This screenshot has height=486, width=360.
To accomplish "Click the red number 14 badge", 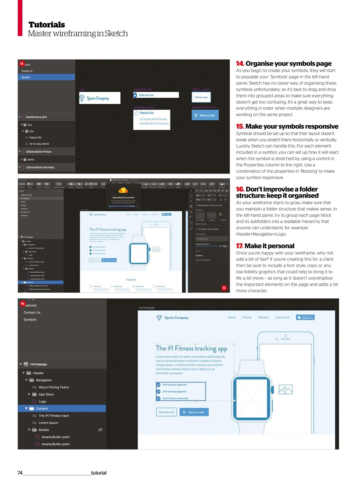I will (22, 64).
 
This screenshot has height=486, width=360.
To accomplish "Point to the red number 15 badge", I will (224, 288).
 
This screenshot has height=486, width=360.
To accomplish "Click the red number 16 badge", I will (22, 304).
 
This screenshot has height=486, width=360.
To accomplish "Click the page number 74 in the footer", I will (20, 473).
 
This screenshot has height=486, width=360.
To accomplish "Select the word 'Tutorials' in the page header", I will (47, 25).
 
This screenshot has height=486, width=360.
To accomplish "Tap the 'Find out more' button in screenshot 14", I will (201, 97).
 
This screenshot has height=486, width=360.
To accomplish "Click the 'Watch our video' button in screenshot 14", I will (205, 115).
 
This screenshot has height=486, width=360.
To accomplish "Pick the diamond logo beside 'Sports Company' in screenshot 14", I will (82, 99).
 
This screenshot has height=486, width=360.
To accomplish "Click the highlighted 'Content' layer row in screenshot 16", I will (62, 409).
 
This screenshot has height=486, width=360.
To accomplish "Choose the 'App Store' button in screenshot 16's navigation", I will (305, 317).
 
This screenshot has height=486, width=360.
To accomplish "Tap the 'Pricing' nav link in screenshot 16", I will (246, 317).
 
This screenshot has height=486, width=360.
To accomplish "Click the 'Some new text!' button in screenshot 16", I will (166, 412).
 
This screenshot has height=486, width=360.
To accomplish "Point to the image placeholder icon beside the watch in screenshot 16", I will (286, 390).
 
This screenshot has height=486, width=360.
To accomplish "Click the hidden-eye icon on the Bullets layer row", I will (101, 430).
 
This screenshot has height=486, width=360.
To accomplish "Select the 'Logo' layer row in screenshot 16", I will (42, 401).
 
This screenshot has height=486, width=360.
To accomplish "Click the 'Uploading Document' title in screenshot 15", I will (123, 197).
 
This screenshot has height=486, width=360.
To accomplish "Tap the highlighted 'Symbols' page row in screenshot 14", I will (46, 77).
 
